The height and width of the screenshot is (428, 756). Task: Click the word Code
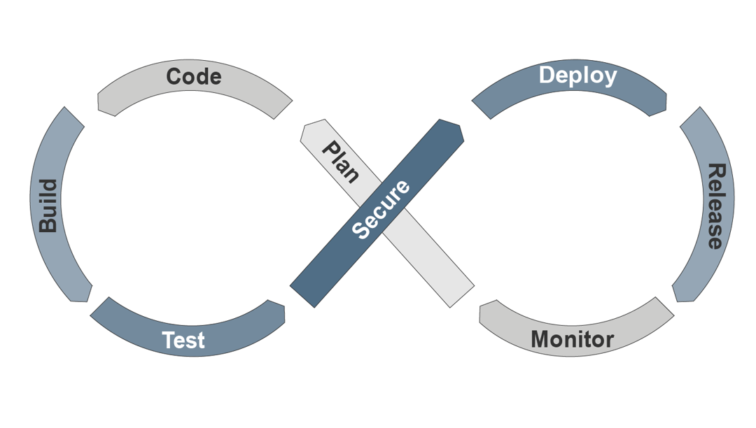[x=194, y=76]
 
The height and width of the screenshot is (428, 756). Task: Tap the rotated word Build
[x=48, y=206]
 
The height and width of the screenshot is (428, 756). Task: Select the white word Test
[x=183, y=340]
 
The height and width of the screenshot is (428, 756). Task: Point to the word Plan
[x=340, y=162]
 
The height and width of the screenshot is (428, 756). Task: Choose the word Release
[x=714, y=206]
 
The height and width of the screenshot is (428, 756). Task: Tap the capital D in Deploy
[x=548, y=76]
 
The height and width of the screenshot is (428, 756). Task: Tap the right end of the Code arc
[x=283, y=108]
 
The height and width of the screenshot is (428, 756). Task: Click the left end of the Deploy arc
[x=482, y=108]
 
